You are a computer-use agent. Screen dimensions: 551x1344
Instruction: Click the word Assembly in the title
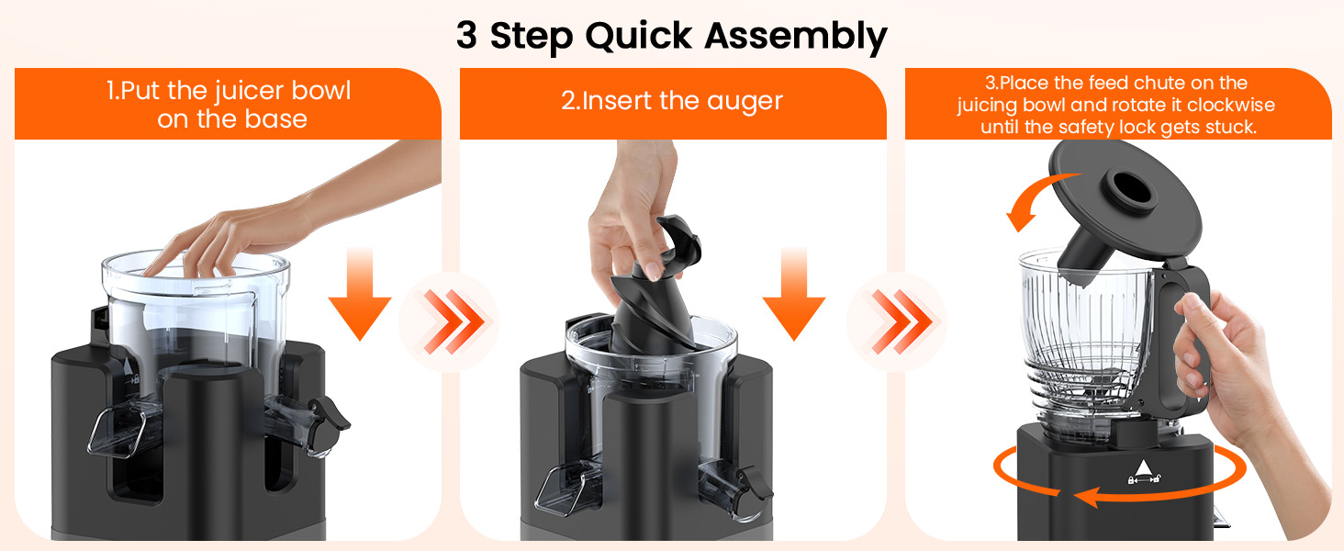point(797,36)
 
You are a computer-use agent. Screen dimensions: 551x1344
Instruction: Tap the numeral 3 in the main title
point(466,36)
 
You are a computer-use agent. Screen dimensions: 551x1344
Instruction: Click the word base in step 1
point(275,119)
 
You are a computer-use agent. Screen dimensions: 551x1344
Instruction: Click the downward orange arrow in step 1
point(360,294)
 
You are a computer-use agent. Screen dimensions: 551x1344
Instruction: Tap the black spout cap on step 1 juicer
point(330,415)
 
